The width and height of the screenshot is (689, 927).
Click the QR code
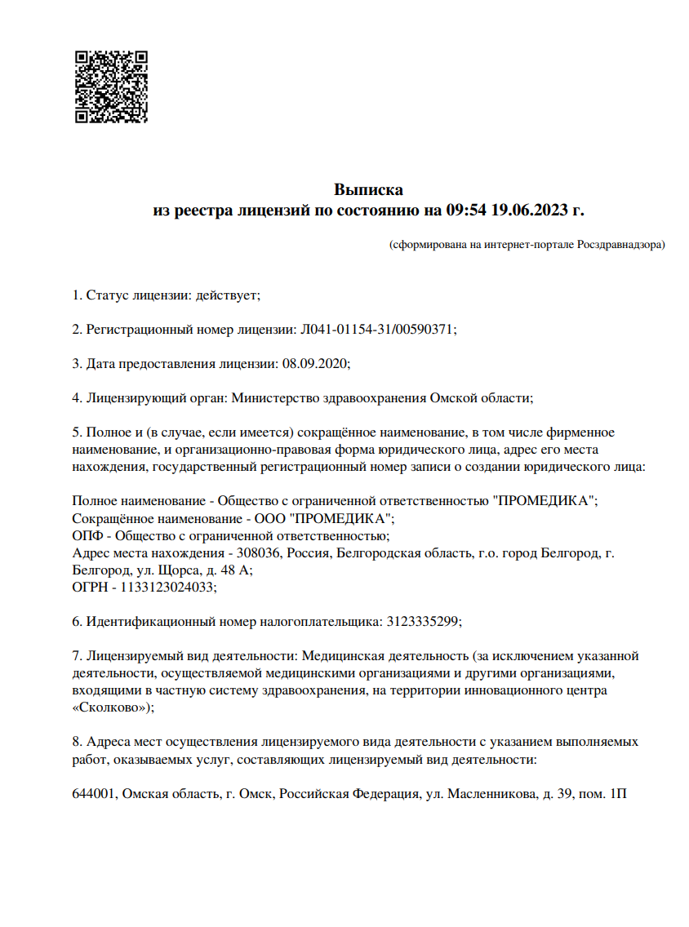[x=111, y=86]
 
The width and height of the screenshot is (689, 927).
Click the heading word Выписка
[x=368, y=190]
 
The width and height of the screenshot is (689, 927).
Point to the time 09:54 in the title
[x=466, y=210]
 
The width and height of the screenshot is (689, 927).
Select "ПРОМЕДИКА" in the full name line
[x=545, y=500]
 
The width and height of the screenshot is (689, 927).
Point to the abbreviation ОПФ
[x=87, y=535]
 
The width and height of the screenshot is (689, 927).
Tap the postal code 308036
[x=259, y=552]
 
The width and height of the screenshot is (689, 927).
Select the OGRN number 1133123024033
[x=169, y=587]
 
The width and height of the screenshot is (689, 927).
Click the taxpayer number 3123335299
[x=421, y=621]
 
